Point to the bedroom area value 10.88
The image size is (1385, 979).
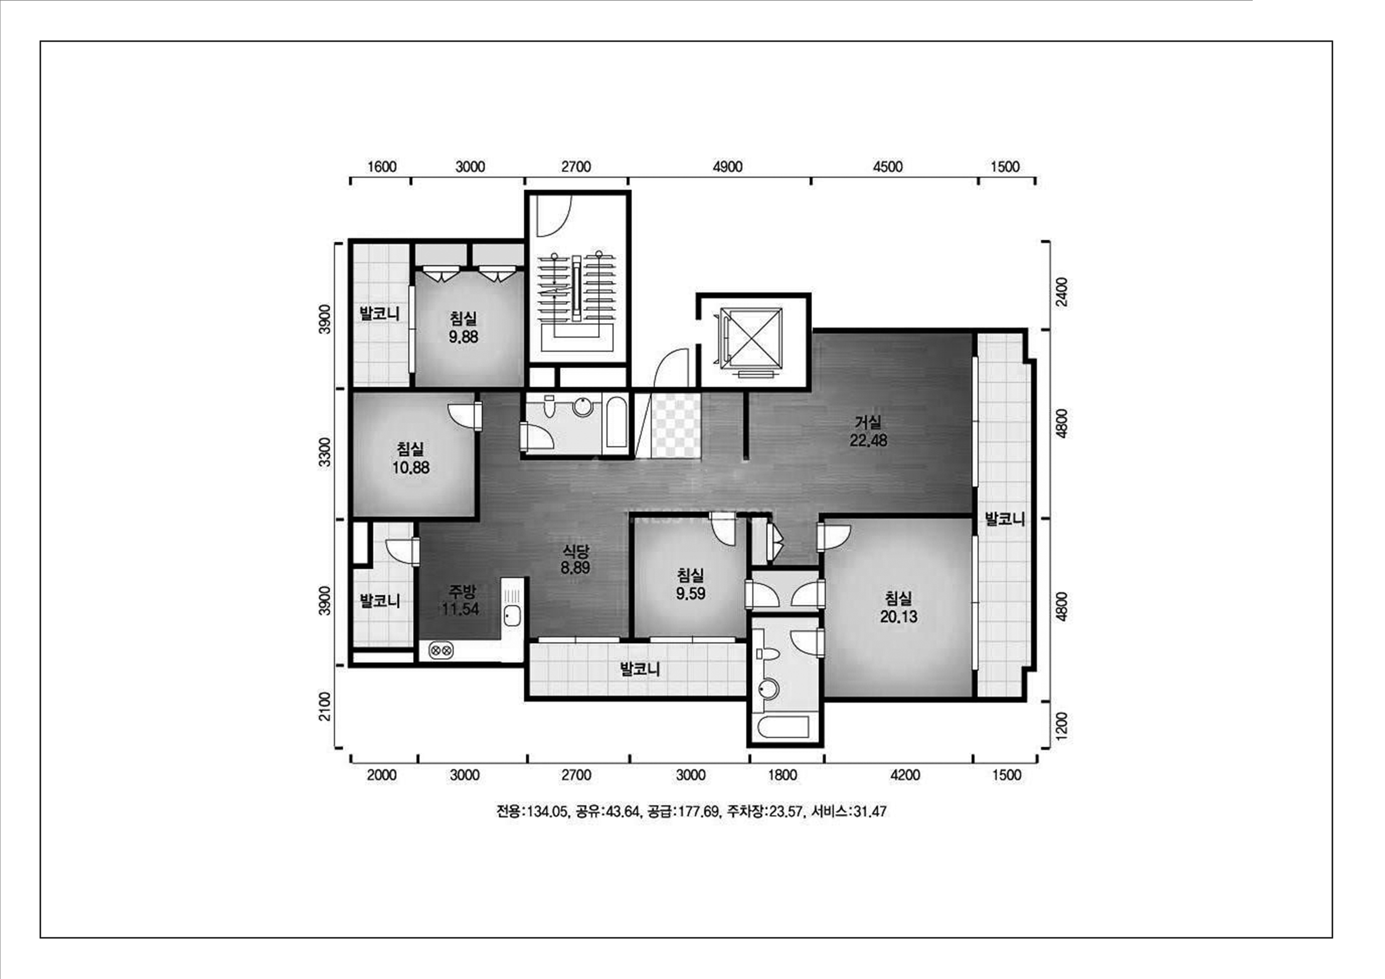(x=411, y=467)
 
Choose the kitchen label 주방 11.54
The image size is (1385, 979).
(x=460, y=599)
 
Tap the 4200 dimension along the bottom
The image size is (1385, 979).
(x=905, y=775)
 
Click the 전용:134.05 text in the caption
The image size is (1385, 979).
(x=531, y=811)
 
